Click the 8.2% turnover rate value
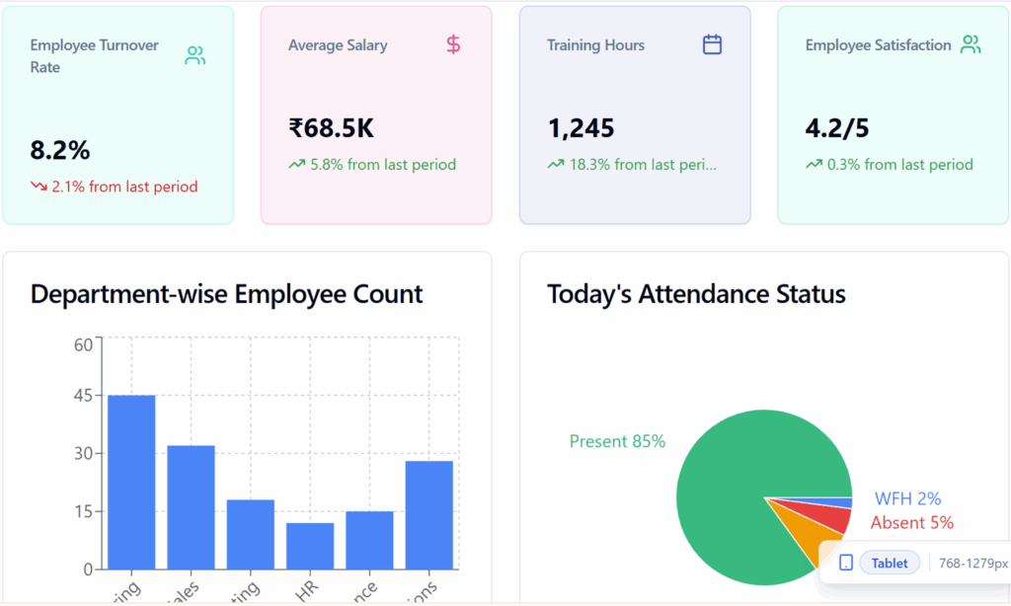tap(60, 150)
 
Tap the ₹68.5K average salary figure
tap(332, 128)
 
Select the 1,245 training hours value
tap(581, 128)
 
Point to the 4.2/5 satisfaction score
tap(837, 128)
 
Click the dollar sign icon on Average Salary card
tap(453, 44)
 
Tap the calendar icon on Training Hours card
tap(712, 44)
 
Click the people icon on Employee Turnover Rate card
tap(195, 56)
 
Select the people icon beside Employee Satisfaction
tap(972, 44)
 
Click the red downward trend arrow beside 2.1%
tap(39, 187)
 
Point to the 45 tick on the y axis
tap(82, 396)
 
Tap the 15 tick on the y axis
tap(82, 511)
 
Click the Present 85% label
tap(617, 441)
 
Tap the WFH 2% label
tap(907, 499)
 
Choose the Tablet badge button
tap(890, 563)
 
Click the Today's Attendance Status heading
tap(696, 294)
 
